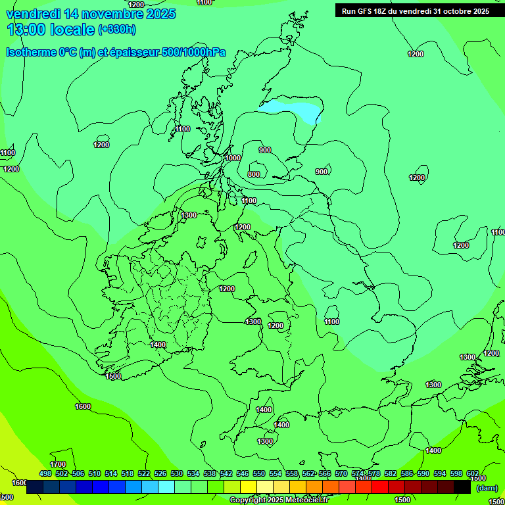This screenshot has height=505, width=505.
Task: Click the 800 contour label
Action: [x=254, y=174]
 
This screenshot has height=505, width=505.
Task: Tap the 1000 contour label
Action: [x=233, y=158]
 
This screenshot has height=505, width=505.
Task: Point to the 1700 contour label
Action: [x=58, y=464]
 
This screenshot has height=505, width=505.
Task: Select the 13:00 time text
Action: [x=27, y=30]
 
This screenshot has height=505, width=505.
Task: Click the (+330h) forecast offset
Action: [x=117, y=30]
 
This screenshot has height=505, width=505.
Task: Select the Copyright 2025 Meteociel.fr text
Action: [x=279, y=500]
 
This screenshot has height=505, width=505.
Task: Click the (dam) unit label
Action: [x=487, y=487]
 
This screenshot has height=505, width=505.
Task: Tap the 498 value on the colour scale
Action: [x=45, y=473]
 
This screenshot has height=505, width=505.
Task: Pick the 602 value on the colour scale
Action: [x=473, y=473]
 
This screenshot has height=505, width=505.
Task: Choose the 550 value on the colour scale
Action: [x=259, y=473]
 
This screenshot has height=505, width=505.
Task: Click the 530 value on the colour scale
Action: [x=177, y=473]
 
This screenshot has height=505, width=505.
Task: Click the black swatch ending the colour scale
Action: [x=462, y=487]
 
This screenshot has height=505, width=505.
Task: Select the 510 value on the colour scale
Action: [x=95, y=473]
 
